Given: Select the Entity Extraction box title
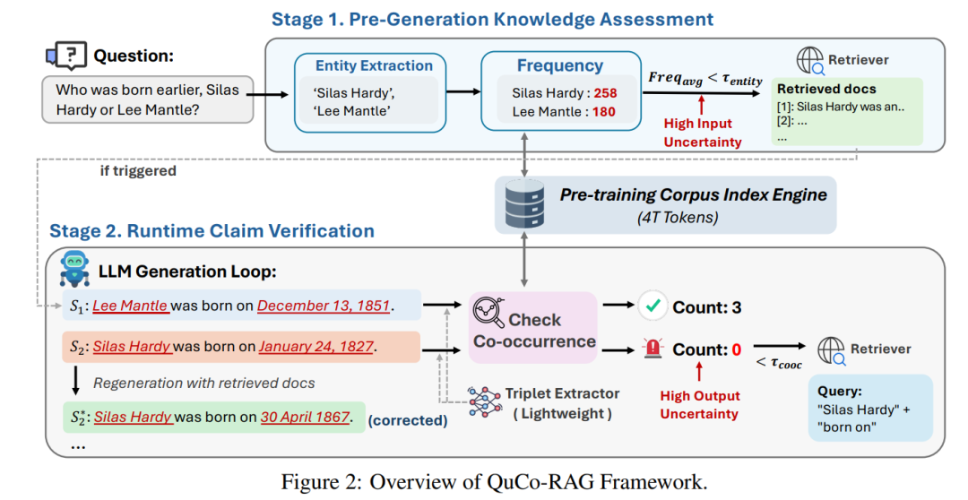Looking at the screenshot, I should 374,66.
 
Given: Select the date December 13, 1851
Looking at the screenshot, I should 324,306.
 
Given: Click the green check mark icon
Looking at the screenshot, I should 653,307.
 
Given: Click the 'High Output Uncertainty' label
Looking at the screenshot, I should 699,404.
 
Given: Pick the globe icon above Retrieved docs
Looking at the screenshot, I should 810,60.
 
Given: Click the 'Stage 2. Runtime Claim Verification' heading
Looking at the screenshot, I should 212,230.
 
